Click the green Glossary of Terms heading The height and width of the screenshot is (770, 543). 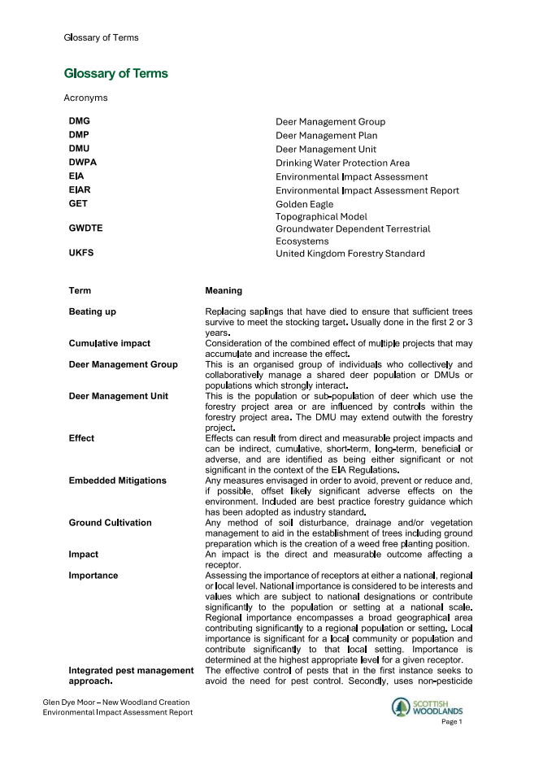pyautogui.click(x=115, y=74)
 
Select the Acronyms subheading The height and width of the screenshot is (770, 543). pyautogui.click(x=85, y=98)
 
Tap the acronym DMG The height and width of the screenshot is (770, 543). pyautogui.click(x=80, y=121)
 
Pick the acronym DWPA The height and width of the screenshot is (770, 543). pyautogui.click(x=83, y=163)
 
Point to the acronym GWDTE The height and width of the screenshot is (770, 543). pyautogui.click(x=86, y=228)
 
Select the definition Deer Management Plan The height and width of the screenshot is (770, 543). pyautogui.click(x=326, y=136)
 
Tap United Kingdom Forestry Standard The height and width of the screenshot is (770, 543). pyautogui.click(x=350, y=254)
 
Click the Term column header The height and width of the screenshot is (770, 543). pyautogui.click(x=80, y=291)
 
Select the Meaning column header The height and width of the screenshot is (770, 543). pyautogui.click(x=224, y=291)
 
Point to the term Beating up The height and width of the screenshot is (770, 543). pyautogui.click(x=93, y=312)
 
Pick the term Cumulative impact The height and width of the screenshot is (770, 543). pyautogui.click(x=110, y=344)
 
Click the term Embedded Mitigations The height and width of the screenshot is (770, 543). pyautogui.click(x=117, y=481)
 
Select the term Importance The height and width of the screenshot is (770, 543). pyautogui.click(x=93, y=576)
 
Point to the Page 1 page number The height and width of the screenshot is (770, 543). pyautogui.click(x=451, y=722)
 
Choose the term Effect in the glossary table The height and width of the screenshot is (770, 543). pyautogui.click(x=81, y=438)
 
